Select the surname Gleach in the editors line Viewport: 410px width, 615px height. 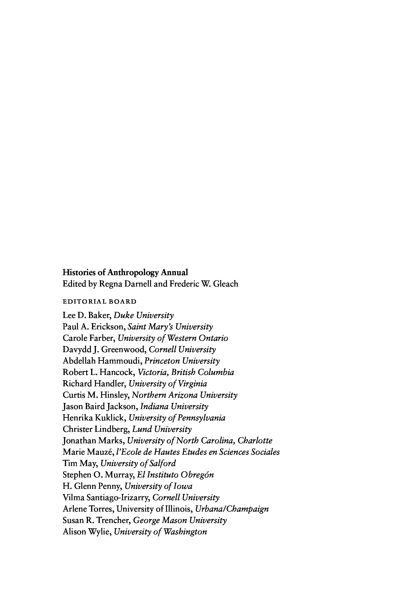pyautogui.click(x=226, y=284)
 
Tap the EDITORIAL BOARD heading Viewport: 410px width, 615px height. pyautogui.click(x=100, y=302)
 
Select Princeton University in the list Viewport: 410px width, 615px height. pyautogui.click(x=182, y=361)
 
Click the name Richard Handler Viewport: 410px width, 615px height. pyautogui.click(x=94, y=384)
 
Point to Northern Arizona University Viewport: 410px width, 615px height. pyautogui.click(x=184, y=395)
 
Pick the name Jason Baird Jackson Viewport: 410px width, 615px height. pyautogui.click(x=100, y=407)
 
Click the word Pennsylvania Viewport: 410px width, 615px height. pyautogui.click(x=201, y=418)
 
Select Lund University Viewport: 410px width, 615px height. pyautogui.click(x=162, y=429)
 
